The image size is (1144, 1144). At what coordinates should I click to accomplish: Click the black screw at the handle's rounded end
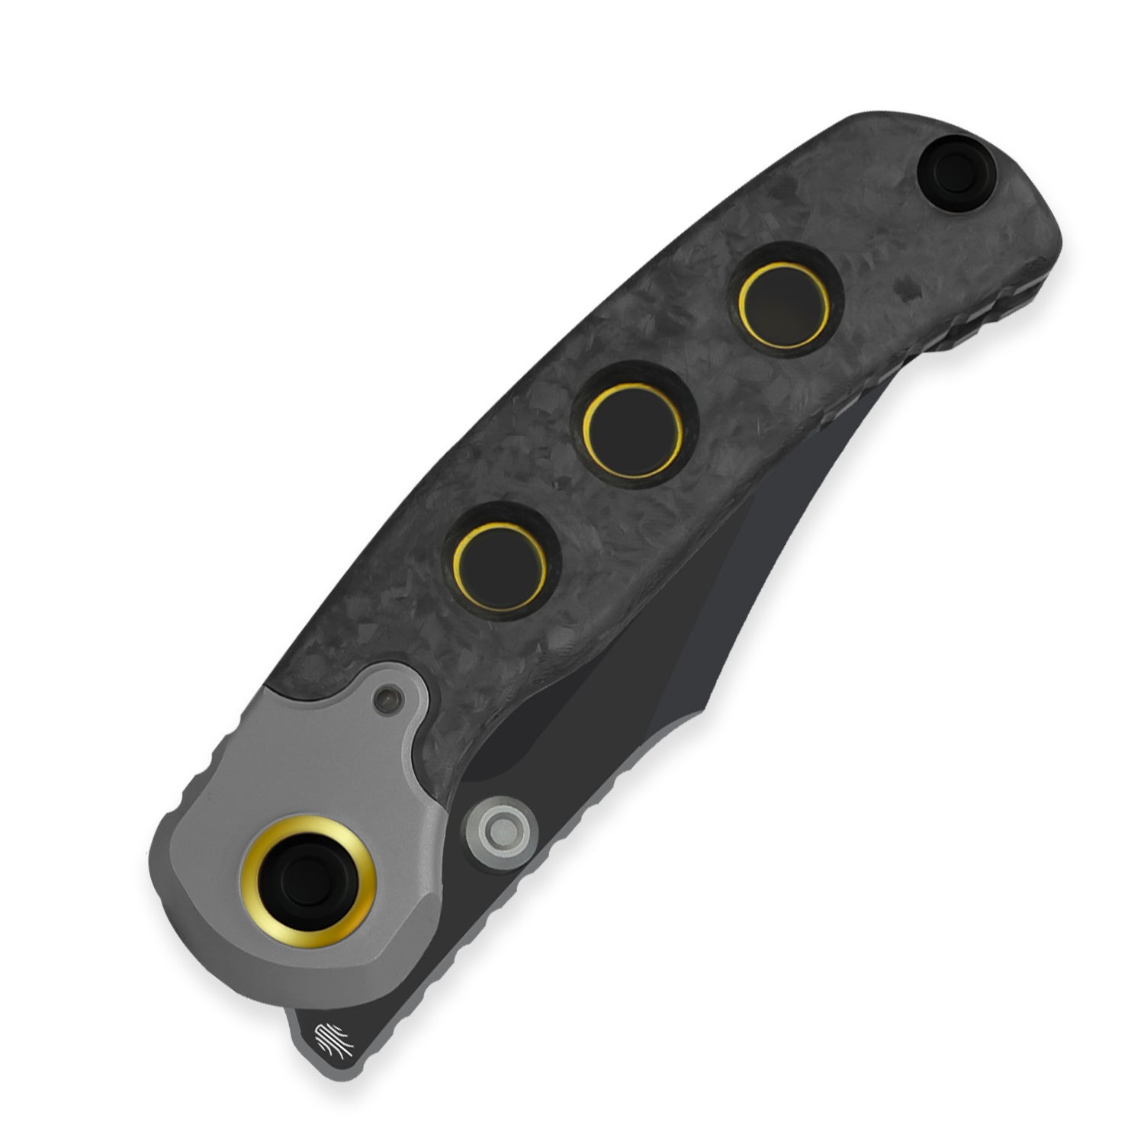[950, 163]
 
